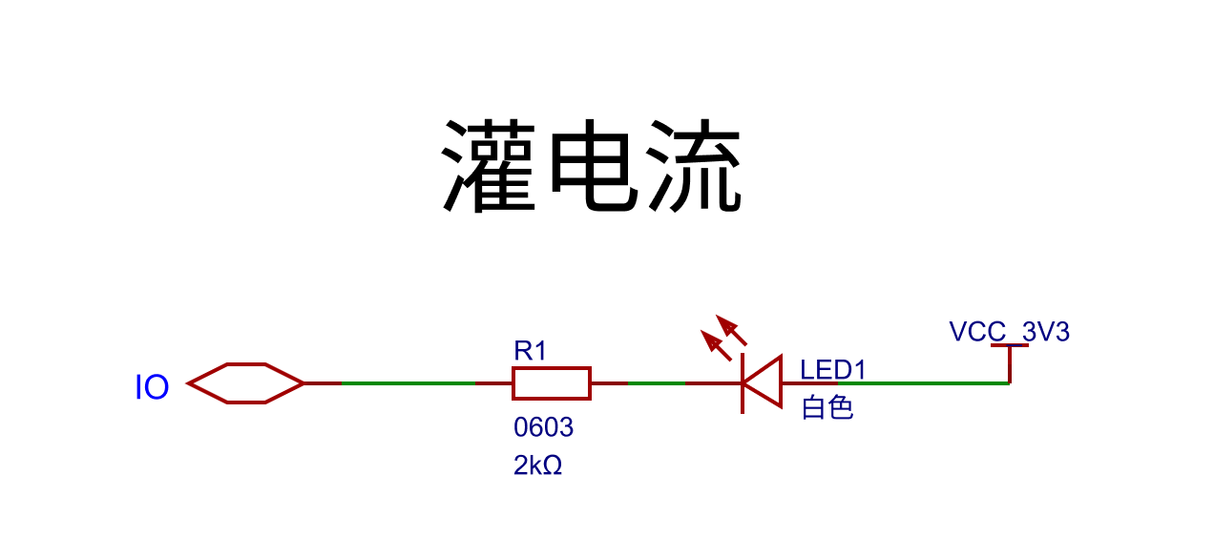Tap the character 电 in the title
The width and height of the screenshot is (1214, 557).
[x=592, y=167]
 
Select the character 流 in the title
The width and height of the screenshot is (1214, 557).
[x=695, y=167]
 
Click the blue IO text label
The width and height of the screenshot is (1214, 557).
[x=152, y=388]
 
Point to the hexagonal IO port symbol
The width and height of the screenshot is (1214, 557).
[x=246, y=383]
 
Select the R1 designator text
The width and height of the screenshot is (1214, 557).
[x=531, y=351]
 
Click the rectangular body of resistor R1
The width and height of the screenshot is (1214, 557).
[x=552, y=383]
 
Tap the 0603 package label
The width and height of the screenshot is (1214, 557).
[x=543, y=427]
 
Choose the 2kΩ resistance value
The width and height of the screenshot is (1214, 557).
[x=537, y=465]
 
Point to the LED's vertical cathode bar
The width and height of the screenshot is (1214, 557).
[x=743, y=383]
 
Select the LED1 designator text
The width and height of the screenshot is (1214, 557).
[x=833, y=370]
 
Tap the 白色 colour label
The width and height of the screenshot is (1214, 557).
[x=827, y=408]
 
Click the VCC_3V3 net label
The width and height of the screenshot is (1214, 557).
[x=1009, y=332]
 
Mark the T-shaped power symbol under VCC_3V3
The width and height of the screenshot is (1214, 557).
[x=1009, y=358]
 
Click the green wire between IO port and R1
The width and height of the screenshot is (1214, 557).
[x=408, y=383]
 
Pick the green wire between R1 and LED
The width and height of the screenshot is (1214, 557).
[x=656, y=383]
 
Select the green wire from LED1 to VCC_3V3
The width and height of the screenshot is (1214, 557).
[x=921, y=383]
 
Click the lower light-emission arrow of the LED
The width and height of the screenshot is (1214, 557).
[x=716, y=344]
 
